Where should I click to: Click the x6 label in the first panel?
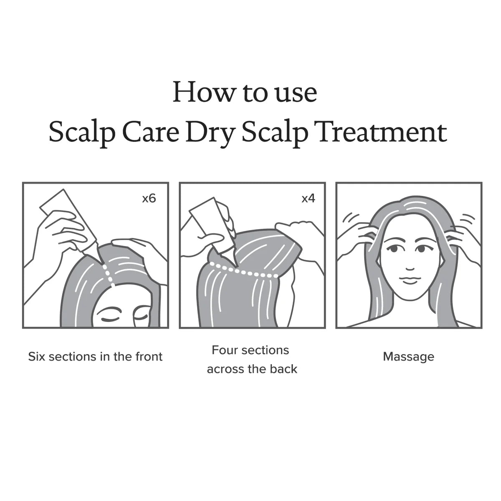149,198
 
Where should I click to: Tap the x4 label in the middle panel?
308,198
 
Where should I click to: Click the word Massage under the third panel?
408,357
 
